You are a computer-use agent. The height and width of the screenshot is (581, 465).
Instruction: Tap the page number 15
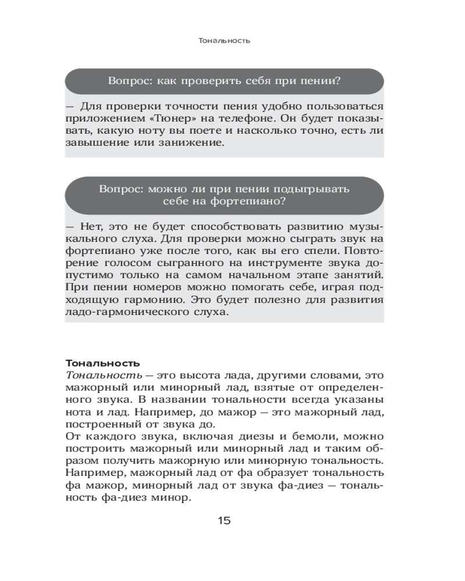pos(224,520)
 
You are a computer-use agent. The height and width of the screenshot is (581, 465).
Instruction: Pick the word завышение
pos(100,144)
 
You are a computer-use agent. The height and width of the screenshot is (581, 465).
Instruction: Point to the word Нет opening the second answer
pos(88,225)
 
